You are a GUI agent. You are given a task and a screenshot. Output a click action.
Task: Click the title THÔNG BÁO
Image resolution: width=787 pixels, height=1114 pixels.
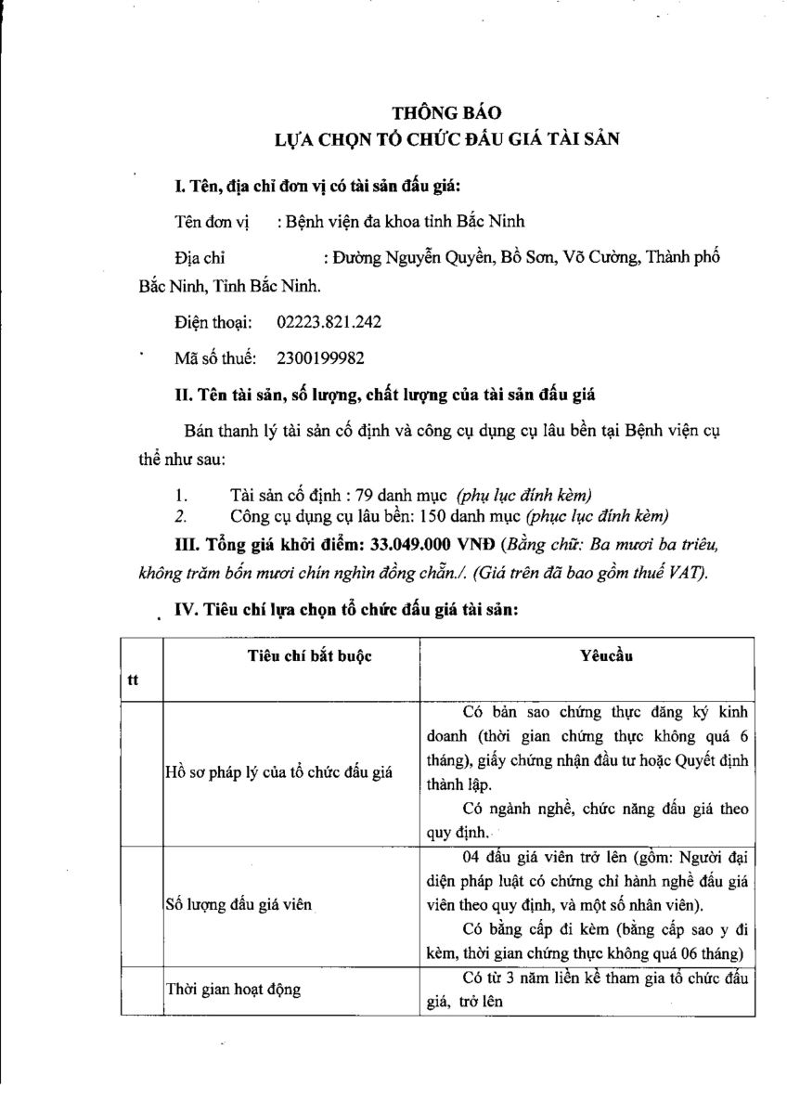pos(445,112)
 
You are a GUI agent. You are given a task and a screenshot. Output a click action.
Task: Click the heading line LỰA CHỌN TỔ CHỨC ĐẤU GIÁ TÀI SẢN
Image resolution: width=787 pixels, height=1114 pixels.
pos(445,139)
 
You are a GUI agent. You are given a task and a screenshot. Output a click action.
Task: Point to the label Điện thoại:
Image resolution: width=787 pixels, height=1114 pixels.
pos(213,322)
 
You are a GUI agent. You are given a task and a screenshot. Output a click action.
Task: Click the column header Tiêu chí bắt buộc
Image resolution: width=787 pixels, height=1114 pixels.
pos(309,656)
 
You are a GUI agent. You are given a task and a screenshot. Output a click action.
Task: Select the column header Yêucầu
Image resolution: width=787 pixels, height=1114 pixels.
pos(605,656)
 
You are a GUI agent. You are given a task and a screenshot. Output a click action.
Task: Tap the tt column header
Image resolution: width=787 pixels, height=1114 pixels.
pos(133,680)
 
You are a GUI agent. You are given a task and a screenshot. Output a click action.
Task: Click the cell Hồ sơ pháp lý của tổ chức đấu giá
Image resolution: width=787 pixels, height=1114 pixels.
pos(277,772)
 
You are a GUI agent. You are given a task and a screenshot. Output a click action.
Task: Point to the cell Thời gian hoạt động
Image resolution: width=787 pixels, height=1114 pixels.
pos(233,990)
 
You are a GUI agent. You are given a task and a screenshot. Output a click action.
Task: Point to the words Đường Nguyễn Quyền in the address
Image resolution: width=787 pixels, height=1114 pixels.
pos(409,257)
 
